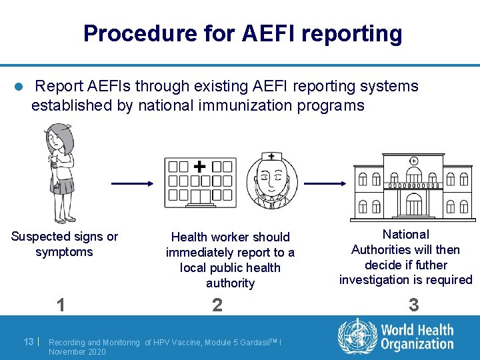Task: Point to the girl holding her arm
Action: (62, 170)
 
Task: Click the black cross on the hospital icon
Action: (199, 165)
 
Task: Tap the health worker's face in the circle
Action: (271, 177)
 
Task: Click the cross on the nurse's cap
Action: (271, 156)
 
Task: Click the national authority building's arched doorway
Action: (415, 203)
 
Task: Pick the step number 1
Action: (61, 305)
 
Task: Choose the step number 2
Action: (217, 305)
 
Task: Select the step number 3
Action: (413, 305)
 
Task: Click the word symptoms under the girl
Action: (64, 252)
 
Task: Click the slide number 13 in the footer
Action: (29, 341)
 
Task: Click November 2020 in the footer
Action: (77, 351)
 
